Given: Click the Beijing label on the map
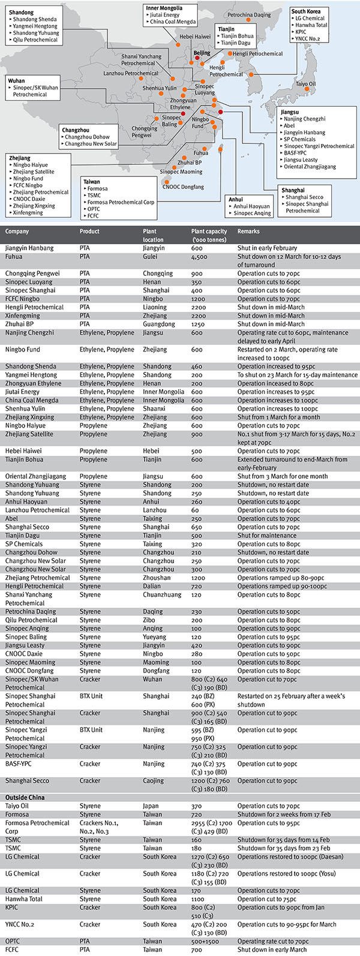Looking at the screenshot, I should pyautogui.click(x=202, y=53).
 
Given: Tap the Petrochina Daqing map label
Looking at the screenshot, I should pyautogui.click(x=249, y=15).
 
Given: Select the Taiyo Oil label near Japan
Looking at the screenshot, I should pyautogui.click(x=305, y=84).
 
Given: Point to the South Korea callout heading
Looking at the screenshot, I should pyautogui.click(x=306, y=11).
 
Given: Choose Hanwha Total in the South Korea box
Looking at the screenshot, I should pyautogui.click(x=311, y=25).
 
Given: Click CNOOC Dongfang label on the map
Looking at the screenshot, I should pyautogui.click(x=183, y=187).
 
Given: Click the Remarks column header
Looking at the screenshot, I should pyautogui.click(x=248, y=231).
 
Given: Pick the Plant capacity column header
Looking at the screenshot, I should pyautogui.click(x=209, y=231).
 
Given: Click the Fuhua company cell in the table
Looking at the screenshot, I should pyautogui.click(x=14, y=257).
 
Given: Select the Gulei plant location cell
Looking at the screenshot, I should pyautogui.click(x=150, y=257).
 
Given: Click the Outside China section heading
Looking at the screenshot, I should pyautogui.click(x=28, y=797).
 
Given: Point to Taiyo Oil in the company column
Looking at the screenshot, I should pyautogui.click(x=19, y=806).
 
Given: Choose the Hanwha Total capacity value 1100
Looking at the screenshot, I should pyautogui.click(x=199, y=898).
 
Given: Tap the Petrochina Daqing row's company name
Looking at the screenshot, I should pyautogui.click(x=31, y=612).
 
